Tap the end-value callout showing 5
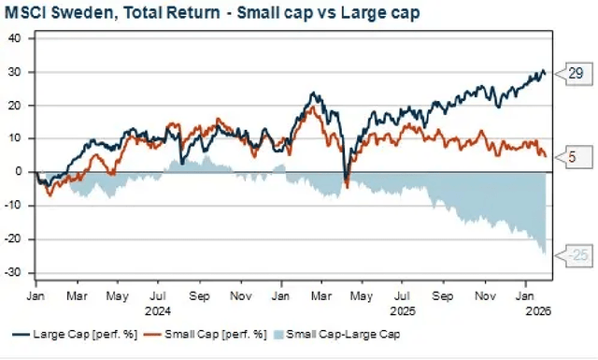[570, 157]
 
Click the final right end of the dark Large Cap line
[547, 73]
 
